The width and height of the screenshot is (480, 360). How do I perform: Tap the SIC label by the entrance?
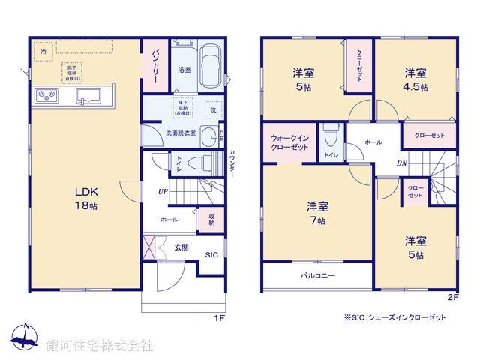pos(212,254)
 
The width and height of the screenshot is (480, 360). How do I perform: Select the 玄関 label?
pos(181,247)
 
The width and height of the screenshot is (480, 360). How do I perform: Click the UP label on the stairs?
pos(162,191)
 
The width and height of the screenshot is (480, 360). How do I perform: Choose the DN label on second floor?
pos(401,162)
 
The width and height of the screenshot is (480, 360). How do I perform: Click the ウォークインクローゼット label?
pos(289,142)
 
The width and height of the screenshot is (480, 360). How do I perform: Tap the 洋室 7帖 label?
pos(316,213)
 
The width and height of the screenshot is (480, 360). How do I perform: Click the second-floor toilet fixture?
pos(330,136)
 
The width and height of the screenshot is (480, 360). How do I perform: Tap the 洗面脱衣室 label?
pos(181,133)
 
